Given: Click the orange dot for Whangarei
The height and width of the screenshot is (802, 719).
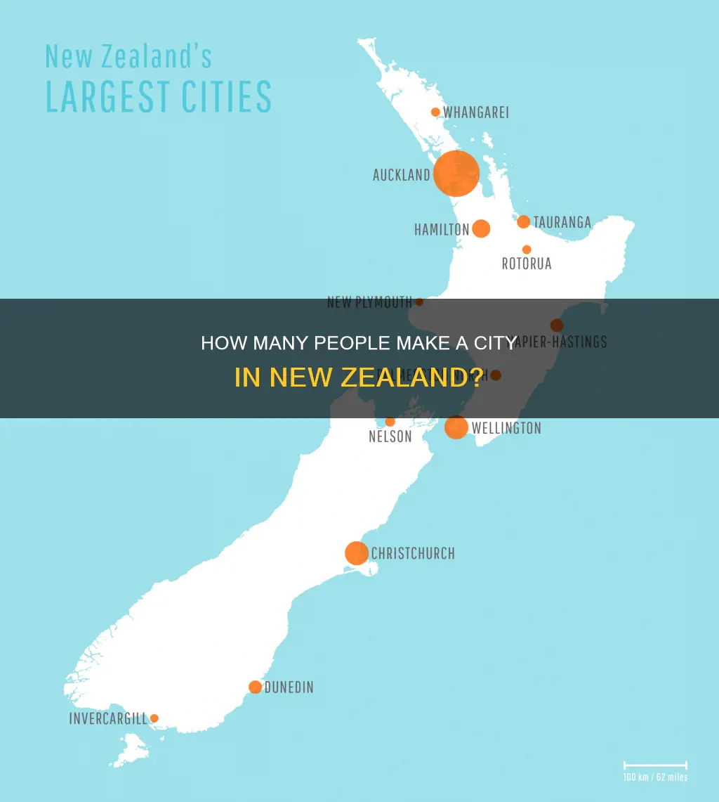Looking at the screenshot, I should pyautogui.click(x=435, y=112).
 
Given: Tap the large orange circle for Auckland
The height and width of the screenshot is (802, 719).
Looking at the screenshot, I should pyautogui.click(x=456, y=173).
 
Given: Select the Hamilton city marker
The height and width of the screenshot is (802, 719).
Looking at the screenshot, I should pyautogui.click(x=481, y=228).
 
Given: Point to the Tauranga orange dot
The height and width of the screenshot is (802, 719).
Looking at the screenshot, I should pyautogui.click(x=523, y=222).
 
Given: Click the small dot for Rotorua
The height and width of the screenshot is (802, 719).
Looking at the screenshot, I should pyautogui.click(x=527, y=250).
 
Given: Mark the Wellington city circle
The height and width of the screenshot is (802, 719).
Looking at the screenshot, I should pyautogui.click(x=456, y=427).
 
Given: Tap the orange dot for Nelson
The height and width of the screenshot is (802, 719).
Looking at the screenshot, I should pyautogui.click(x=390, y=422).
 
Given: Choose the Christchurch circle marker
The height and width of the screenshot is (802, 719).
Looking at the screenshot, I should pyautogui.click(x=357, y=553).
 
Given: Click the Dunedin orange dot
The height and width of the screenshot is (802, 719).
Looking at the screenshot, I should pyautogui.click(x=255, y=687).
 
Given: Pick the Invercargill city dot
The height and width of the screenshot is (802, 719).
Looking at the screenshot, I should pyautogui.click(x=154, y=718).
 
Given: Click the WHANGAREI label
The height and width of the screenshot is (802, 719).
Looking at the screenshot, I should pyautogui.click(x=476, y=112).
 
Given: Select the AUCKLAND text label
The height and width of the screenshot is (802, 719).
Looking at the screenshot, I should pyautogui.click(x=401, y=175).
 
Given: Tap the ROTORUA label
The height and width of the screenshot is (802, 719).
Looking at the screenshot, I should pyautogui.click(x=527, y=264).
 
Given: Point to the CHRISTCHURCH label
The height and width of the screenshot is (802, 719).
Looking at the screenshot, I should pyautogui.click(x=413, y=554).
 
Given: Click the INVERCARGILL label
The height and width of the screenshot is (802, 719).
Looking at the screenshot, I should pyautogui.click(x=108, y=719).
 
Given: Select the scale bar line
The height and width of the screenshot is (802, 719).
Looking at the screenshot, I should pyautogui.click(x=655, y=764).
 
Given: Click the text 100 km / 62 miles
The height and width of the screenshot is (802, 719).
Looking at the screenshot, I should pyautogui.click(x=655, y=777).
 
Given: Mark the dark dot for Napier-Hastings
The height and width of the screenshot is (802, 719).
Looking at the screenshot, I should pyautogui.click(x=557, y=325).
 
